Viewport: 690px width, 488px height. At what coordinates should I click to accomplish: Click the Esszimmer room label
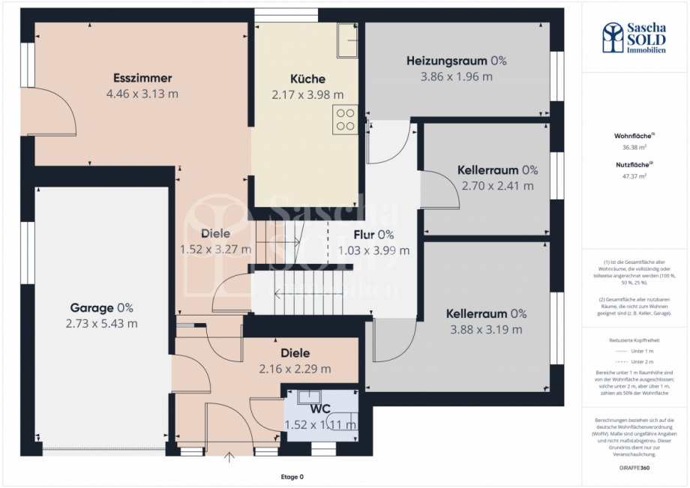pos(142,78)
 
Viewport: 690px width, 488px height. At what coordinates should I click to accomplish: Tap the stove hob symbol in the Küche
pos(345,119)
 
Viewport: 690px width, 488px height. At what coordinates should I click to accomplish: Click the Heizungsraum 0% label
pos(457,61)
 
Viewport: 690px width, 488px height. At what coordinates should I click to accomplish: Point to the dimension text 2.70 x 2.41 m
pos(498,185)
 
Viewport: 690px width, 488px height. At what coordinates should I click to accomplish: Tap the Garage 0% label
pos(102,307)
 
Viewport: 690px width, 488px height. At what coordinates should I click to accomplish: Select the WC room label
pos(322,409)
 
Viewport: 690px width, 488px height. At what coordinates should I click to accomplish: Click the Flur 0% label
pos(373,234)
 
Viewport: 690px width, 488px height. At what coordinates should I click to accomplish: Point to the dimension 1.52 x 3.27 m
pos(215,249)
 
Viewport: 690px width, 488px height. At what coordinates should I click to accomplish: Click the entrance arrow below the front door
pos(229,455)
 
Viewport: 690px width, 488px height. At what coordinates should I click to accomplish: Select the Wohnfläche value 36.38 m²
pos(634,148)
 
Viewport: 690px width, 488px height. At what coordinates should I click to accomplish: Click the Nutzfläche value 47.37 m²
pos(634,176)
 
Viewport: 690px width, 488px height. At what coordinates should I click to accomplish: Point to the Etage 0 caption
pos(292,477)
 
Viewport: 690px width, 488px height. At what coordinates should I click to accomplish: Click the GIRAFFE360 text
pos(634,466)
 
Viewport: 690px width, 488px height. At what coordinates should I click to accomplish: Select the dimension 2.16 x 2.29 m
pos(295,369)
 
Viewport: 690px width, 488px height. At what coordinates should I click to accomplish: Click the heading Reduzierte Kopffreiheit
pos(634,340)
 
